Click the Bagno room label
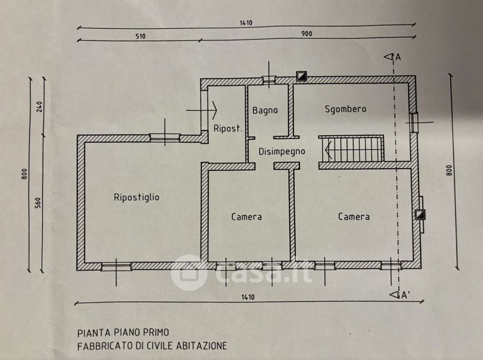click(265, 111)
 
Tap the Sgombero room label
click(345, 109)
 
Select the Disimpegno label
click(282, 152)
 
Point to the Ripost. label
click(228, 129)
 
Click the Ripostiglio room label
click(136, 197)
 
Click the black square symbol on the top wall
click(301, 76)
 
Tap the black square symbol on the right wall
click(420, 214)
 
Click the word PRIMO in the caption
click(155, 332)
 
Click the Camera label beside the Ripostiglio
click(246, 216)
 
